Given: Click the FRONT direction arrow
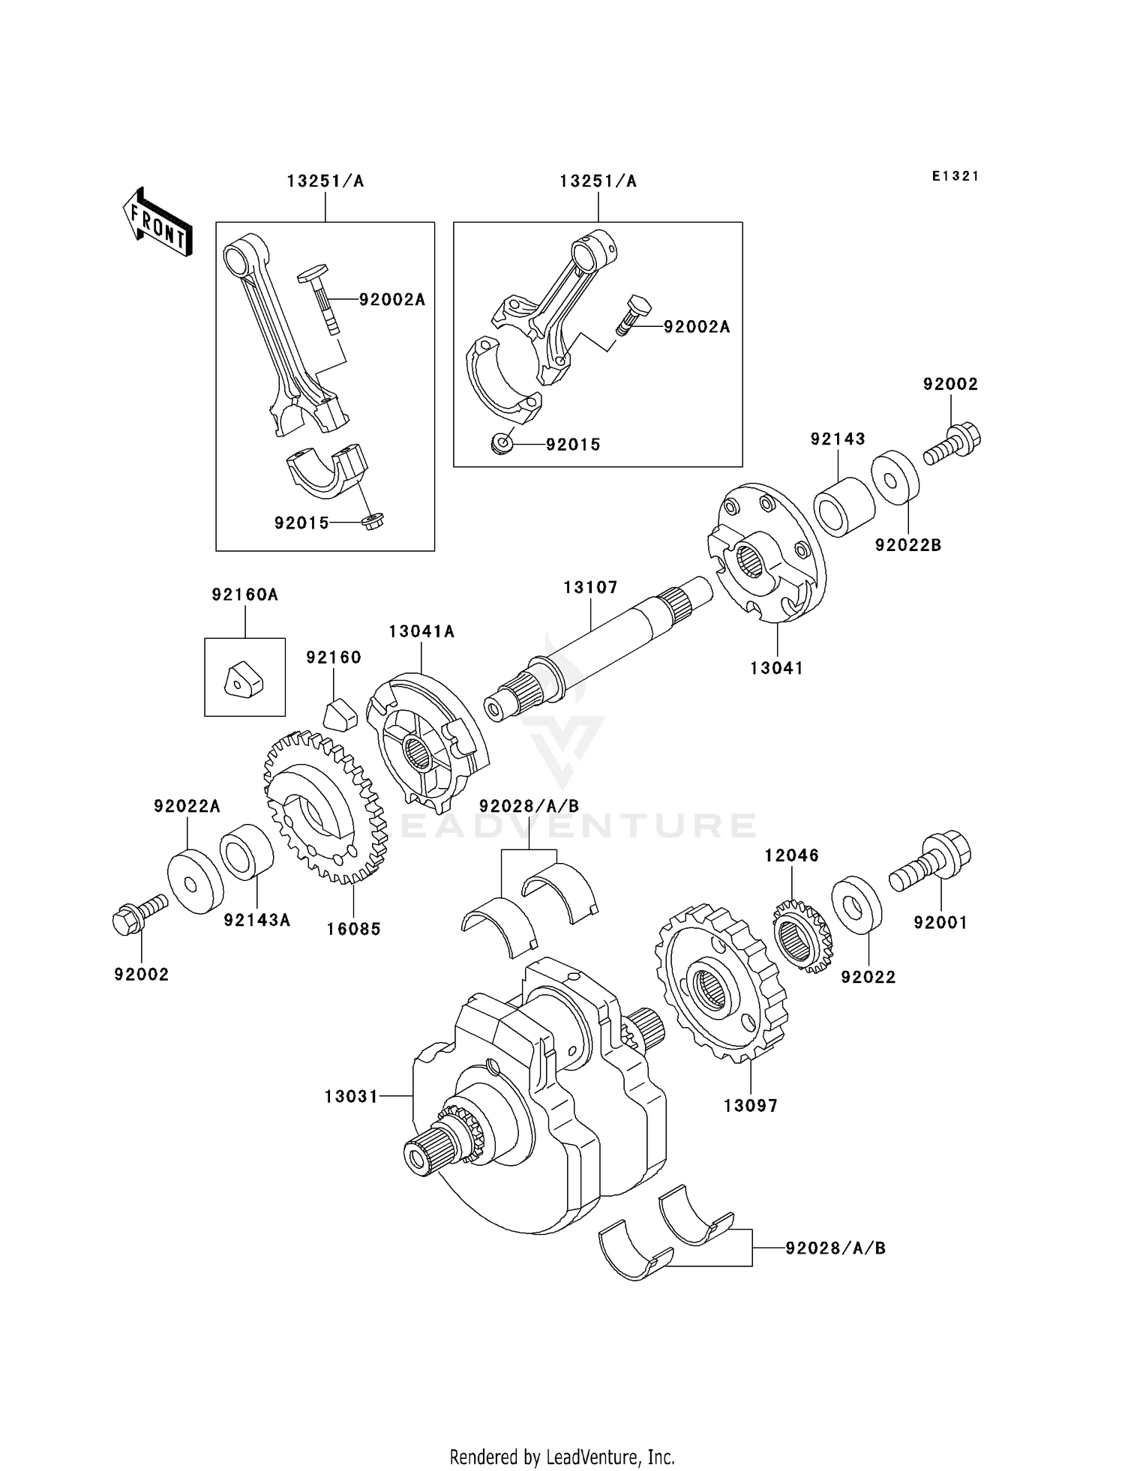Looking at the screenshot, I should (x=157, y=223).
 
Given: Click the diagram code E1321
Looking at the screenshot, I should (x=955, y=176).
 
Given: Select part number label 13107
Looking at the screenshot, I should (x=590, y=587).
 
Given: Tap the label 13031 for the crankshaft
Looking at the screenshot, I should (x=351, y=1097).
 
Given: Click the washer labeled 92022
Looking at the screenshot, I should (x=856, y=903).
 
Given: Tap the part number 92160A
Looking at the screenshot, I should (x=244, y=595).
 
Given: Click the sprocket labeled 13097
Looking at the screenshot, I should (x=721, y=983).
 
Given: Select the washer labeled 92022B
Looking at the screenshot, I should (x=895, y=476).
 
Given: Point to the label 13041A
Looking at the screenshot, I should (x=421, y=631).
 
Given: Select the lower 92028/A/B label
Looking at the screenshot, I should (x=835, y=1248).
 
